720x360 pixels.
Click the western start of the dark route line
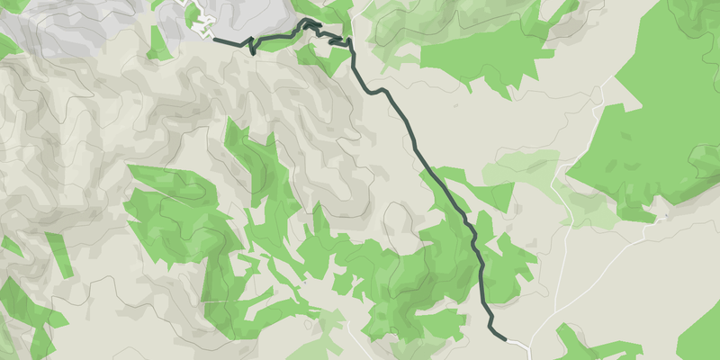[x=214, y=39]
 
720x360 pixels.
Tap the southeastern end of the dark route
[x=504, y=337]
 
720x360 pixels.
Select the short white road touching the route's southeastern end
[x=517, y=342]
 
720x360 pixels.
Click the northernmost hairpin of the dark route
[x=310, y=22]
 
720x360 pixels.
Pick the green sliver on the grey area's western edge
[x=9, y=45]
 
